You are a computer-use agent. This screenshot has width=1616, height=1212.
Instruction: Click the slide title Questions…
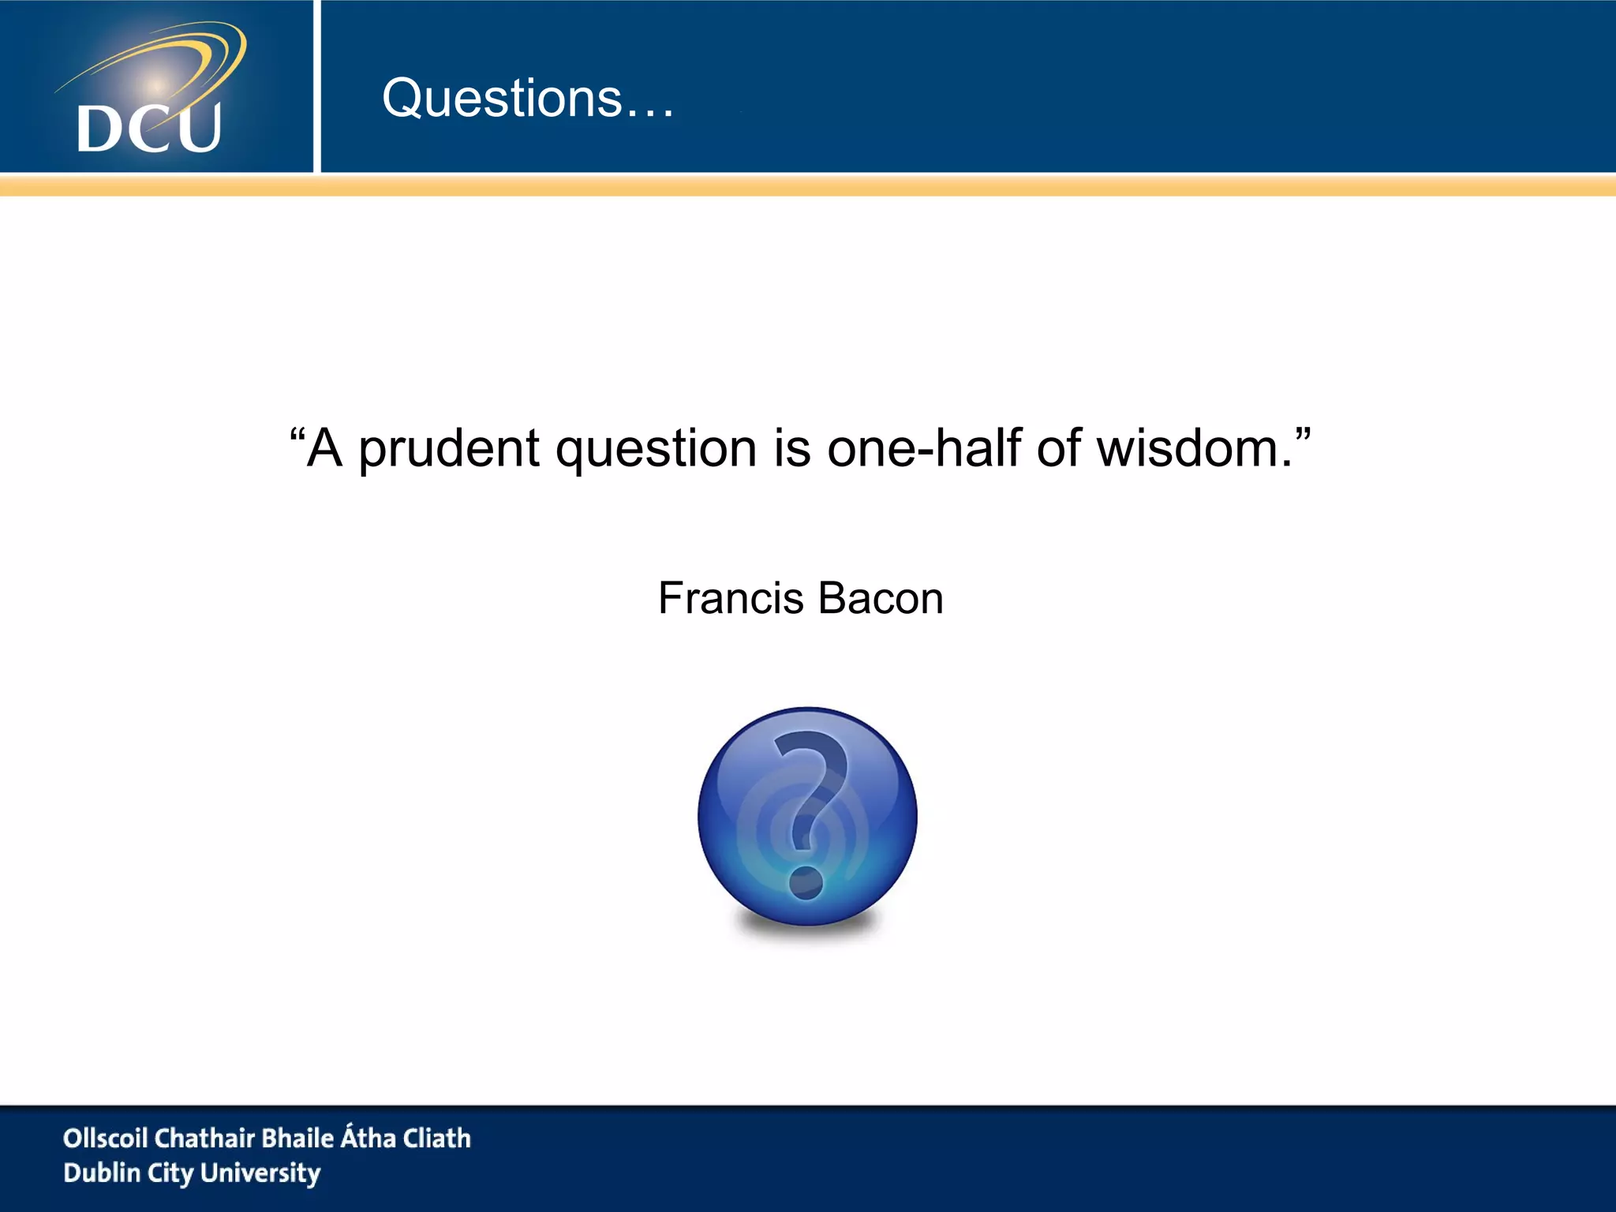pos(528,99)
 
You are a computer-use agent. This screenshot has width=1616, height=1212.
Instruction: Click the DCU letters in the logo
pos(148,129)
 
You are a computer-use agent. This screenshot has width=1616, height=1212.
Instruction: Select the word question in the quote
pos(657,450)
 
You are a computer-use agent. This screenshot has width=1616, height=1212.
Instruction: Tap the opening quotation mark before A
pos(297,434)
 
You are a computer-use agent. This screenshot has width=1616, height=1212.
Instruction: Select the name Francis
pos(731,598)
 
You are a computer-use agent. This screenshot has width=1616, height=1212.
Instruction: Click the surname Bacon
pos(881,598)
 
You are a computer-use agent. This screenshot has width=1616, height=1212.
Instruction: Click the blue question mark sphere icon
pos(807,816)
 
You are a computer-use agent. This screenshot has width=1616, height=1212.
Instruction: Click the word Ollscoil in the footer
pos(105,1138)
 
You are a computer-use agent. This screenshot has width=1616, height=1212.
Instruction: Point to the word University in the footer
pos(260,1173)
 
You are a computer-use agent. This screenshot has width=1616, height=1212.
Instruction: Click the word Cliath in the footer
pos(437,1138)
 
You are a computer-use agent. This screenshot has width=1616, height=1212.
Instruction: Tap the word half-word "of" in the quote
pos(1060,448)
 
